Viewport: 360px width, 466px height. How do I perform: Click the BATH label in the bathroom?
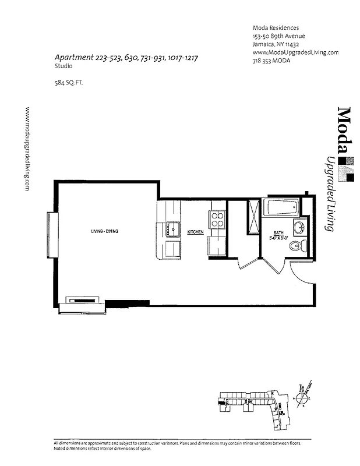pyautogui.click(x=279, y=232)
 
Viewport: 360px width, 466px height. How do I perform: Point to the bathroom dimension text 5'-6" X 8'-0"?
pyautogui.click(x=280, y=238)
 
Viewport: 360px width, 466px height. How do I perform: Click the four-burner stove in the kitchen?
pyautogui.click(x=217, y=219)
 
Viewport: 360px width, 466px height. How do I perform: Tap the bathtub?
pyautogui.click(x=281, y=207)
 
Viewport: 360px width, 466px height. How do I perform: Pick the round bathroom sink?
pyautogui.click(x=299, y=226)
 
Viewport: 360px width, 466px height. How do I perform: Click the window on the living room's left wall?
pyautogui.click(x=52, y=235)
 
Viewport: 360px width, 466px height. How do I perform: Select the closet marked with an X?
pyautogui.click(x=254, y=216)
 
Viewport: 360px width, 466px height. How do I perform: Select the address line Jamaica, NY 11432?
pyautogui.click(x=276, y=44)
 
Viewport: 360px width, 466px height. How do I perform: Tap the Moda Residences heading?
pyautogui.click(x=276, y=27)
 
